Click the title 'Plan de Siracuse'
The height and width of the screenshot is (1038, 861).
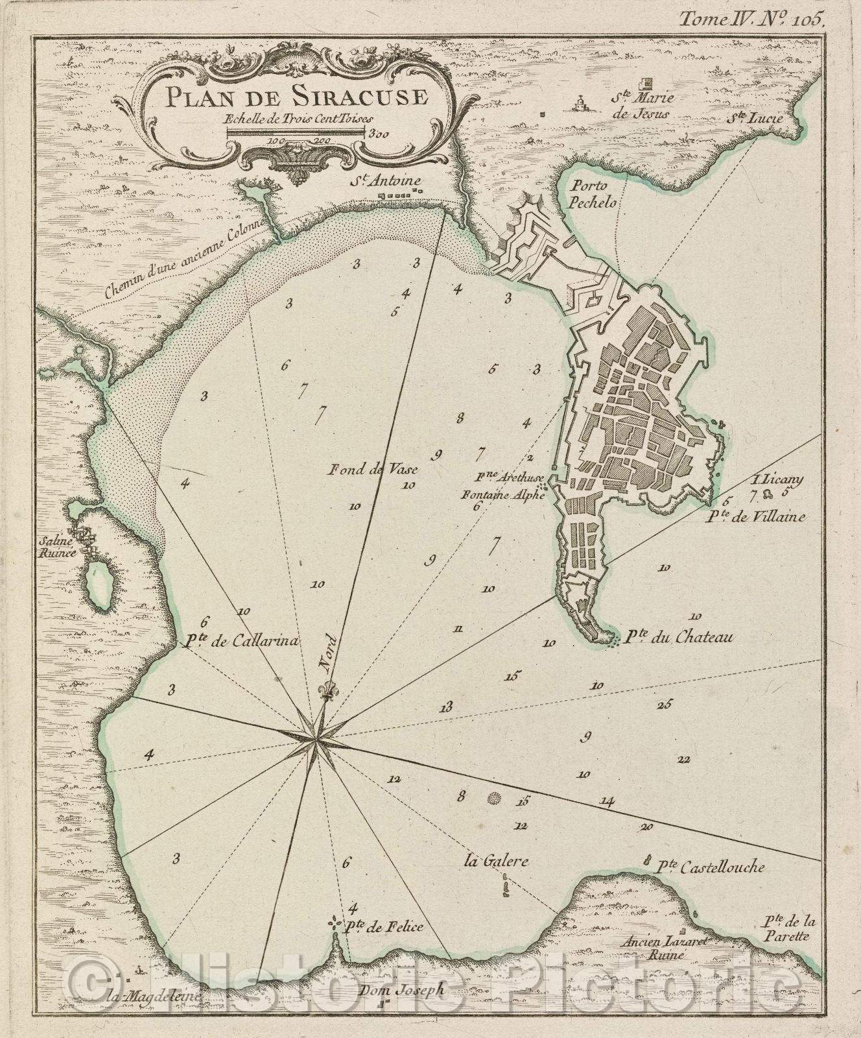[x=287, y=99]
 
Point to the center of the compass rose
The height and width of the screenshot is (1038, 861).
[x=316, y=737]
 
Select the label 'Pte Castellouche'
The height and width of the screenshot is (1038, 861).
[x=711, y=867]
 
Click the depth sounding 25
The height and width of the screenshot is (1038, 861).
[x=665, y=705]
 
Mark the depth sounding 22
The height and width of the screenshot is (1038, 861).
[x=683, y=759]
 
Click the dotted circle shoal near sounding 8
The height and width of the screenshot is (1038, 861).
[x=495, y=798]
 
